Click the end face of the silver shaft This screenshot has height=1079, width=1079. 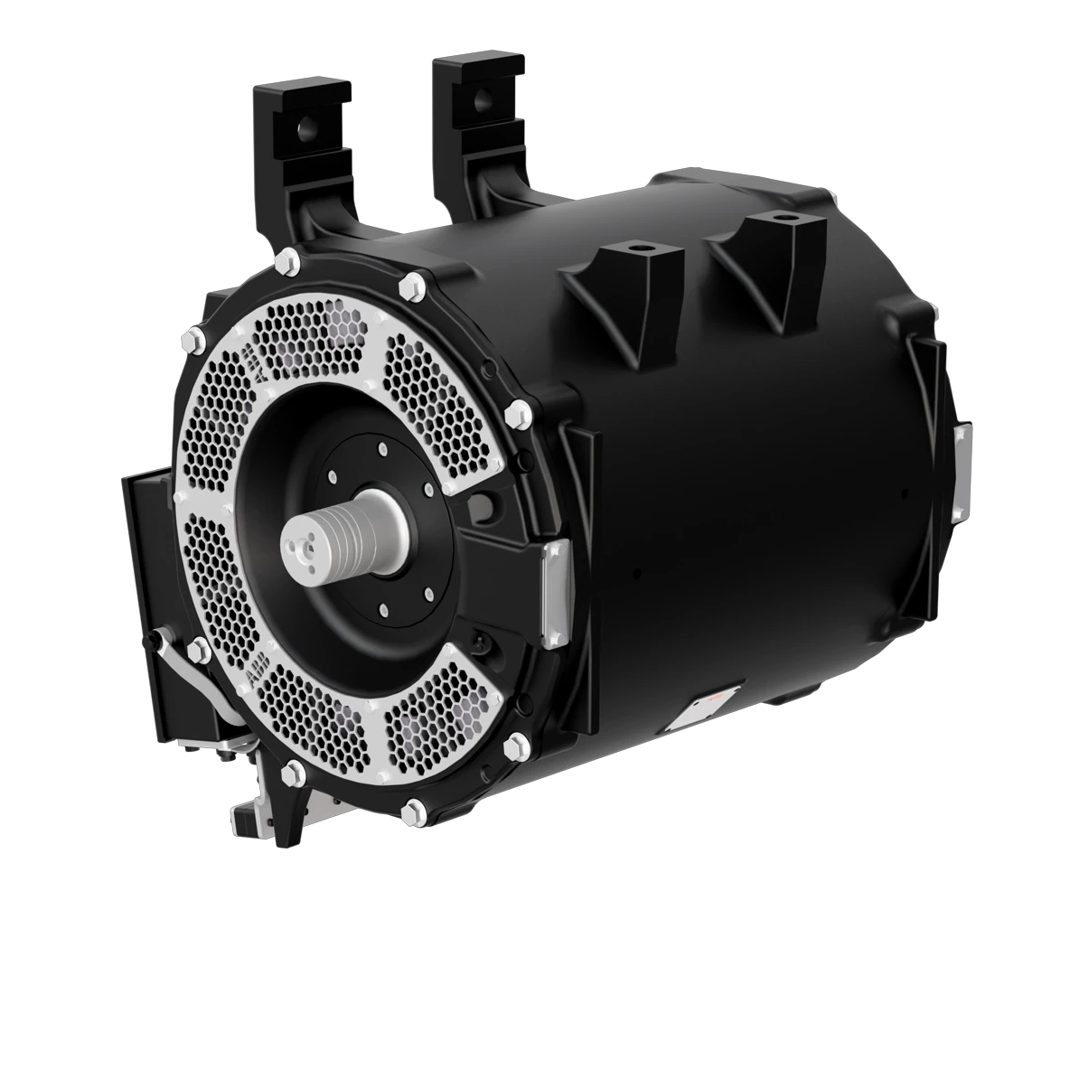click(x=302, y=543)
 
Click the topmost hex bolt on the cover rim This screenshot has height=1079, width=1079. click(x=289, y=263)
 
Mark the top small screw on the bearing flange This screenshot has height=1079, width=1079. click(x=383, y=449)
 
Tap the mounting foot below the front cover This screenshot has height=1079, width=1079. click(x=271, y=800)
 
